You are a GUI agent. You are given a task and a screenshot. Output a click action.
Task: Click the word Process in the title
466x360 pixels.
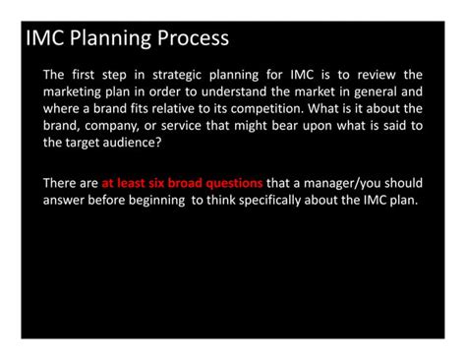193,38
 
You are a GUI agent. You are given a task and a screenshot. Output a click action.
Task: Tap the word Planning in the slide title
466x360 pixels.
110,39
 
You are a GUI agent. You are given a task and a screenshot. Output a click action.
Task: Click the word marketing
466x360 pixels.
72,92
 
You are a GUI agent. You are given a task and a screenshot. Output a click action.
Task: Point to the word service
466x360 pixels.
181,126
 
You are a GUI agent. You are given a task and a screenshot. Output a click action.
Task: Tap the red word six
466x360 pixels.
156,183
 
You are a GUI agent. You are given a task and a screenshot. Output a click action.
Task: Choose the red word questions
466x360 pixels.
234,184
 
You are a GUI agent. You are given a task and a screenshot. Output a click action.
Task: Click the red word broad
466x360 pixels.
185,183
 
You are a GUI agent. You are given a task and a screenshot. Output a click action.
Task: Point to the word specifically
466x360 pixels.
269,201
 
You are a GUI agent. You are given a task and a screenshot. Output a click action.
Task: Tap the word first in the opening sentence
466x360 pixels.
84,75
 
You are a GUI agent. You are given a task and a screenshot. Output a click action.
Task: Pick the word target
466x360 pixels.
83,143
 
